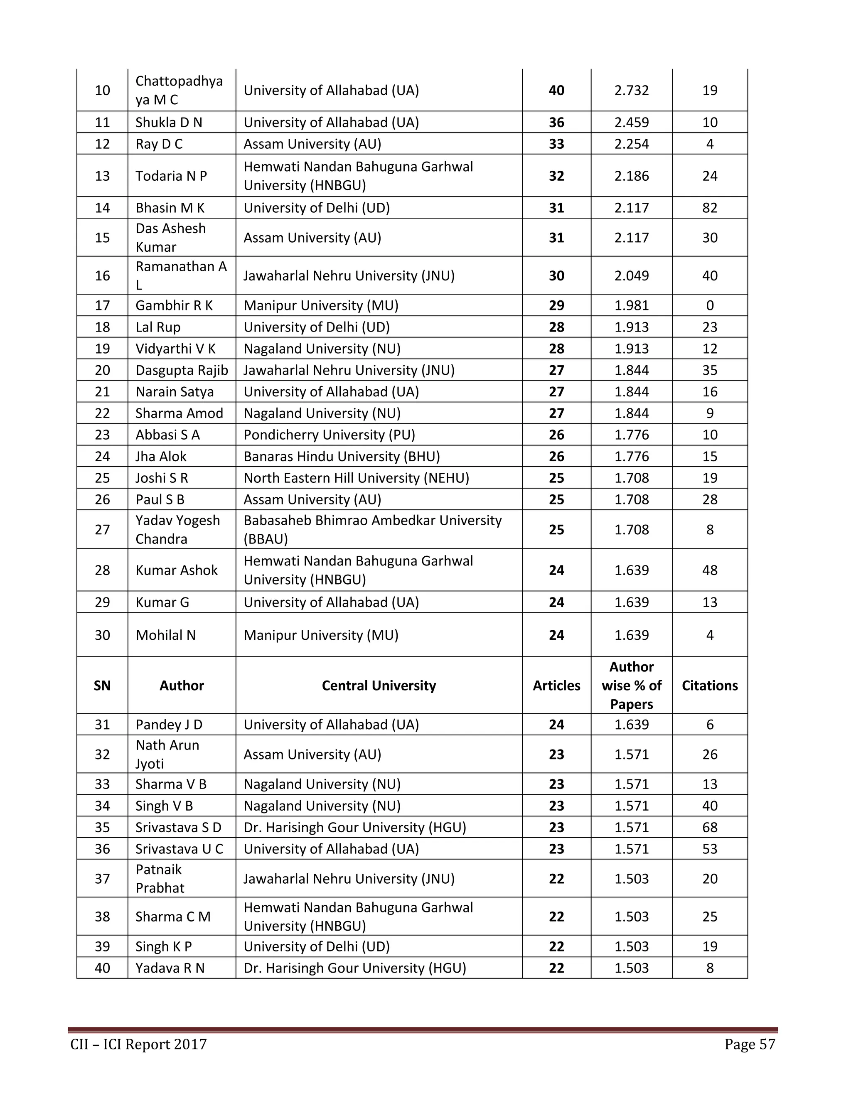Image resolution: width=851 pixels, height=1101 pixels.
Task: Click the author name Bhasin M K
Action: pos(170,208)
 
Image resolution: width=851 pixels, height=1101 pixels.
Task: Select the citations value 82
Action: pos(709,208)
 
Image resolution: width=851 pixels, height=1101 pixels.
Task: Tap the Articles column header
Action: pos(556,685)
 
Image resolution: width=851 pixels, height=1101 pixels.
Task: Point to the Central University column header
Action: pos(379,685)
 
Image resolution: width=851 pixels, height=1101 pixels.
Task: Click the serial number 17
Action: pos(102,305)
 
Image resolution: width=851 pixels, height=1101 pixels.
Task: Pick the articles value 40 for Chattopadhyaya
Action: pos(556,90)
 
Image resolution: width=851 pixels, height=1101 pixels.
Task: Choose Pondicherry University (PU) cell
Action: pos(329,435)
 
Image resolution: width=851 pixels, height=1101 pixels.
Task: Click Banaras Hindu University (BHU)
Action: pos(341,456)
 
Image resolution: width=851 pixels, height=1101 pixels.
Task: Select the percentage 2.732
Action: pos(631,90)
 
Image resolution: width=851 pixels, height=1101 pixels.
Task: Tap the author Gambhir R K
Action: pos(174,305)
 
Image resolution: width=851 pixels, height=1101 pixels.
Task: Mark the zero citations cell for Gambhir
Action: pos(709,305)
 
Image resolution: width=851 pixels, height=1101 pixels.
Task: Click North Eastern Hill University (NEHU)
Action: pos(356,478)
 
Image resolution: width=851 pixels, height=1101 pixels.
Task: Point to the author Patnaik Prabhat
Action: pos(160,878)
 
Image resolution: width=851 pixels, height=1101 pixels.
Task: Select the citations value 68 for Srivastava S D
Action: pos(709,827)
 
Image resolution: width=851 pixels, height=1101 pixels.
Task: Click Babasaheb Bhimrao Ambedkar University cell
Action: pos(372,529)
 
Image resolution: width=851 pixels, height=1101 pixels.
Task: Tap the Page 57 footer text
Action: pos(749,1044)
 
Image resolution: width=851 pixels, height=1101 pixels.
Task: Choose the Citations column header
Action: pos(709,685)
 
